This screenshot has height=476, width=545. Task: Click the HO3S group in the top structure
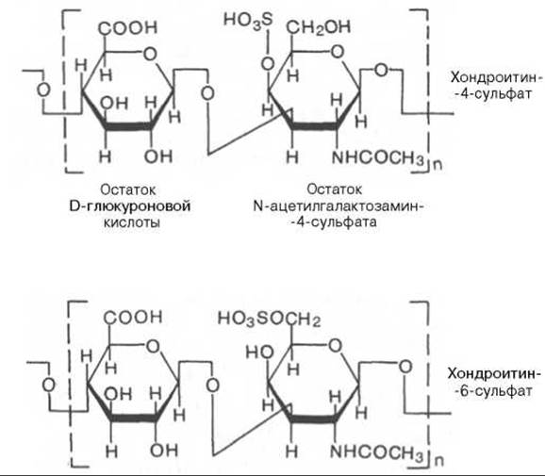point(248,20)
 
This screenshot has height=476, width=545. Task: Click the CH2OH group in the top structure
point(319,26)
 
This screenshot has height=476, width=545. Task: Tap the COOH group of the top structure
point(128,27)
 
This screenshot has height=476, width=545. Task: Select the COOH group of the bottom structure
point(133,317)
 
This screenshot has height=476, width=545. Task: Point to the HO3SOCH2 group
point(269,319)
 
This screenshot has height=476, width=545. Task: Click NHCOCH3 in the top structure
point(378,158)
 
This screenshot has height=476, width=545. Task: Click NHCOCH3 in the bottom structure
point(377,452)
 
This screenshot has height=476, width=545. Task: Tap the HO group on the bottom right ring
point(259,353)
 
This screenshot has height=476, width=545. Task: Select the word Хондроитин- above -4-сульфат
point(496,77)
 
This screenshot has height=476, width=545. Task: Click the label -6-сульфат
point(493,391)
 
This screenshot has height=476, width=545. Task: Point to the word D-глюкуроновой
point(130,206)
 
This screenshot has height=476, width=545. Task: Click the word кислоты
point(132,222)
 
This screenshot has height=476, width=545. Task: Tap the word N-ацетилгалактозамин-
point(339,206)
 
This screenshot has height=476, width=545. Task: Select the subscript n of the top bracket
point(438,165)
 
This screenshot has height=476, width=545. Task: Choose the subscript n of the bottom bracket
point(439,461)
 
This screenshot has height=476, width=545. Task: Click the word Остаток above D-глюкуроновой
point(128,190)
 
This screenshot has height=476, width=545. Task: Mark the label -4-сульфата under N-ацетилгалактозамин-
point(334,222)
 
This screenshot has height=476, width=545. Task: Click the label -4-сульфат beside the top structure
point(493,94)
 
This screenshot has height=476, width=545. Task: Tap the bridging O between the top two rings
point(207,93)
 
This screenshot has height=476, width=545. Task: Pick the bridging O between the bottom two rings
point(212,386)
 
